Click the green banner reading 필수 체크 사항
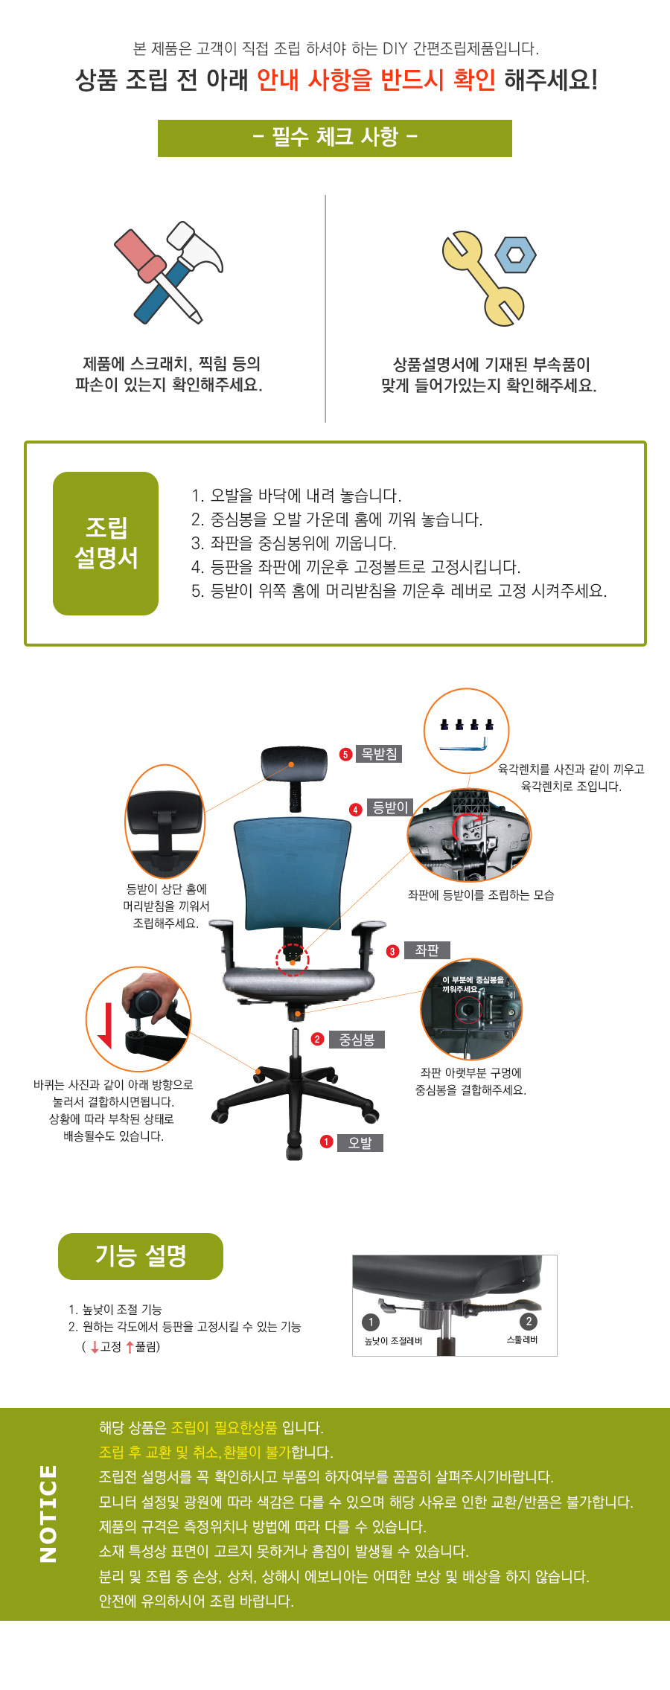point(334,138)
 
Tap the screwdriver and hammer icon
point(169,272)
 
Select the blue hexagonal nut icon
point(515,255)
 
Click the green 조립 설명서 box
point(106,543)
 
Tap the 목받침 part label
point(379,754)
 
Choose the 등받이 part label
point(390,807)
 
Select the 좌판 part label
point(427,950)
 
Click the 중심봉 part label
point(357,1039)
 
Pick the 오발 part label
point(360,1142)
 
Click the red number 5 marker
point(345,755)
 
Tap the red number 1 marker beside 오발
point(326,1142)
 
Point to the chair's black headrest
point(294,765)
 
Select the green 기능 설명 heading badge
point(141,1256)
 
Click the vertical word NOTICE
point(48,1514)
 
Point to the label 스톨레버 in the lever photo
point(522,1339)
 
